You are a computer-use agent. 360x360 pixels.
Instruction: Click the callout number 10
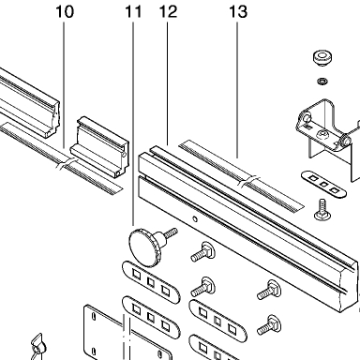[65, 12]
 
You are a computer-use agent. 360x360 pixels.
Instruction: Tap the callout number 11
[133, 12]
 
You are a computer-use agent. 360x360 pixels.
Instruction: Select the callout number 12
[168, 12]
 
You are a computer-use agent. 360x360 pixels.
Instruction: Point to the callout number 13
[238, 12]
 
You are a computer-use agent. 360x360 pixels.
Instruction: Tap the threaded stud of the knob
[171, 233]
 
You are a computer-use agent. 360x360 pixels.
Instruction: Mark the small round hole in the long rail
[195, 219]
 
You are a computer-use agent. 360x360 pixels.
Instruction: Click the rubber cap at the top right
[322, 58]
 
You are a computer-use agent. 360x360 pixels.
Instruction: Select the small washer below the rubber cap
[322, 82]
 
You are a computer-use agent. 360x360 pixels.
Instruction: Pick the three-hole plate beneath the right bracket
[323, 184]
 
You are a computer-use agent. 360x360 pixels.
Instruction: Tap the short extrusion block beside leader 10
[99, 147]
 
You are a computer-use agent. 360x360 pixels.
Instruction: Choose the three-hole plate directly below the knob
[151, 282]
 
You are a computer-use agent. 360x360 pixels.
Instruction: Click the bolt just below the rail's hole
[202, 252]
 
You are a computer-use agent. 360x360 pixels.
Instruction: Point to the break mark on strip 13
[248, 182]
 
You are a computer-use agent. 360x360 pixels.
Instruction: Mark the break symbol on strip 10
[67, 164]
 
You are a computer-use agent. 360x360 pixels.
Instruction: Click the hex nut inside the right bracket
[321, 135]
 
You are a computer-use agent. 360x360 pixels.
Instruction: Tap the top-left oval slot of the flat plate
[93, 317]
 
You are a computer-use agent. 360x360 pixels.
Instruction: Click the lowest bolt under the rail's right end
[269, 325]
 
